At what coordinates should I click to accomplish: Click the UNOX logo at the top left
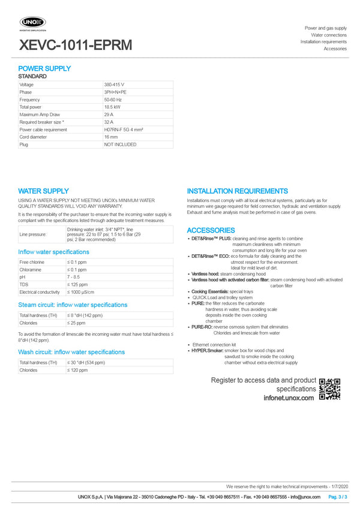pos(33,23)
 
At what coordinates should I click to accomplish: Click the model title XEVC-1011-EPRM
pos(76,45)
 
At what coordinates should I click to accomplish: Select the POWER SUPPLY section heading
pos(44,69)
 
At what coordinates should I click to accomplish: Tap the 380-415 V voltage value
pos(114,85)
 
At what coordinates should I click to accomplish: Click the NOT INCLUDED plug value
pos(120,144)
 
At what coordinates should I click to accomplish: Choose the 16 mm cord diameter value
pos(111,137)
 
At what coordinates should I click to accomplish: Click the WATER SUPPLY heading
pos(43,191)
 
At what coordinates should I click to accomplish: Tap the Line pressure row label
pos(33,234)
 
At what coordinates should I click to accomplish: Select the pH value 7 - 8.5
pos(73,278)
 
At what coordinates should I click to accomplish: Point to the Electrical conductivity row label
pos(40,292)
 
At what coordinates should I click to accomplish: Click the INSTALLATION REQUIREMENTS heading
pos(237,191)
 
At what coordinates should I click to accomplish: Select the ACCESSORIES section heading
pos(211,230)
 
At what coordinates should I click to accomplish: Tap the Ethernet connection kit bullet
pos(214,345)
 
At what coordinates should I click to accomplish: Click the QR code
pos(329,388)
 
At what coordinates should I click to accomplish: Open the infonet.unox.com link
pos(288,397)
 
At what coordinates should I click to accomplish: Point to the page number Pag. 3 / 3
pos(337,497)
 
